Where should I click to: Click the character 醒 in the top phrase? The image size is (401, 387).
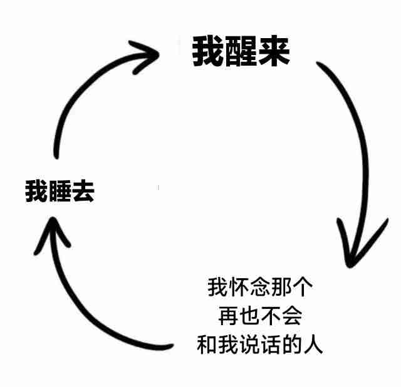(241, 52)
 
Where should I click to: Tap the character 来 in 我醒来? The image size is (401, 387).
(274, 52)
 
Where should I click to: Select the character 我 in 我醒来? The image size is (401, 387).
(207, 52)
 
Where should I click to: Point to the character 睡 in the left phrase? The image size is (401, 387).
(60, 191)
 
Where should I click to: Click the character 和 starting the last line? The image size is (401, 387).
(207, 344)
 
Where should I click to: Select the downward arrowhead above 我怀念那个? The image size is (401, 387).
(354, 250)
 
